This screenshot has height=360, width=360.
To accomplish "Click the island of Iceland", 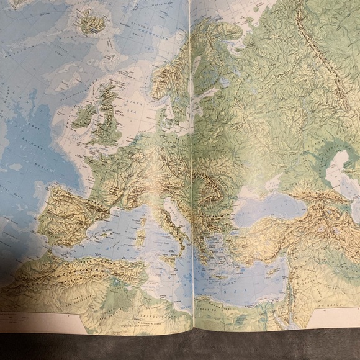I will pos(92,21).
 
